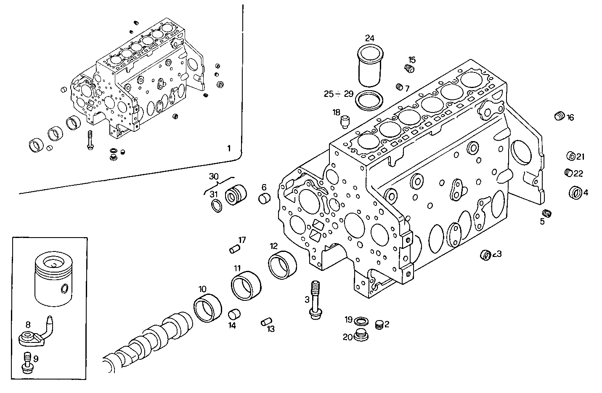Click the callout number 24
pos(369,38)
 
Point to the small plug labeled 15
pos(409,69)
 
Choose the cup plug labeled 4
pos(575,193)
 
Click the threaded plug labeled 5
pos(547,214)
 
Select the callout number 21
pos(581,157)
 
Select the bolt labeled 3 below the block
pos(314,299)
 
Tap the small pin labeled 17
pos(233,250)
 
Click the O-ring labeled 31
pos(216,206)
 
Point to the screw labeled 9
pos(27,362)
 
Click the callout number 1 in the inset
pos(229,148)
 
